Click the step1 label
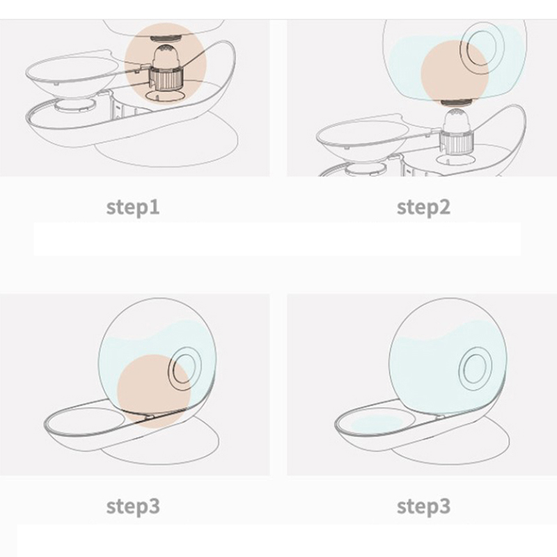coord(133,207)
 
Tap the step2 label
coord(423,207)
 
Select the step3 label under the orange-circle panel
coord(133,507)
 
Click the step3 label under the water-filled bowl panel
coord(423,507)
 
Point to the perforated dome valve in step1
coord(166,57)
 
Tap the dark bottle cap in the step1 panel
coord(166,38)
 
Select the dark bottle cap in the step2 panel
coord(457,102)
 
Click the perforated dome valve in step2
coord(457,120)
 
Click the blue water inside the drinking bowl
coord(377,423)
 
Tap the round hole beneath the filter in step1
coord(166,96)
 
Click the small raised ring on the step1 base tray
coord(74,105)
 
